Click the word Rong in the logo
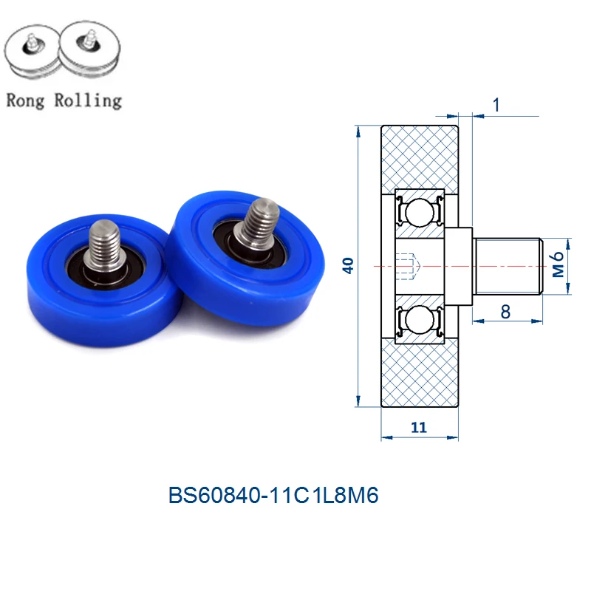point(25,101)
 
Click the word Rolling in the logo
point(88,100)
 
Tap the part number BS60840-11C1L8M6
point(273,495)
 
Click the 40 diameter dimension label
point(348,265)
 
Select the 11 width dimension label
point(419,428)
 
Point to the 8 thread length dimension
point(505,312)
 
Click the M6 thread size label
point(558,264)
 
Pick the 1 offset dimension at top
point(496,105)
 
